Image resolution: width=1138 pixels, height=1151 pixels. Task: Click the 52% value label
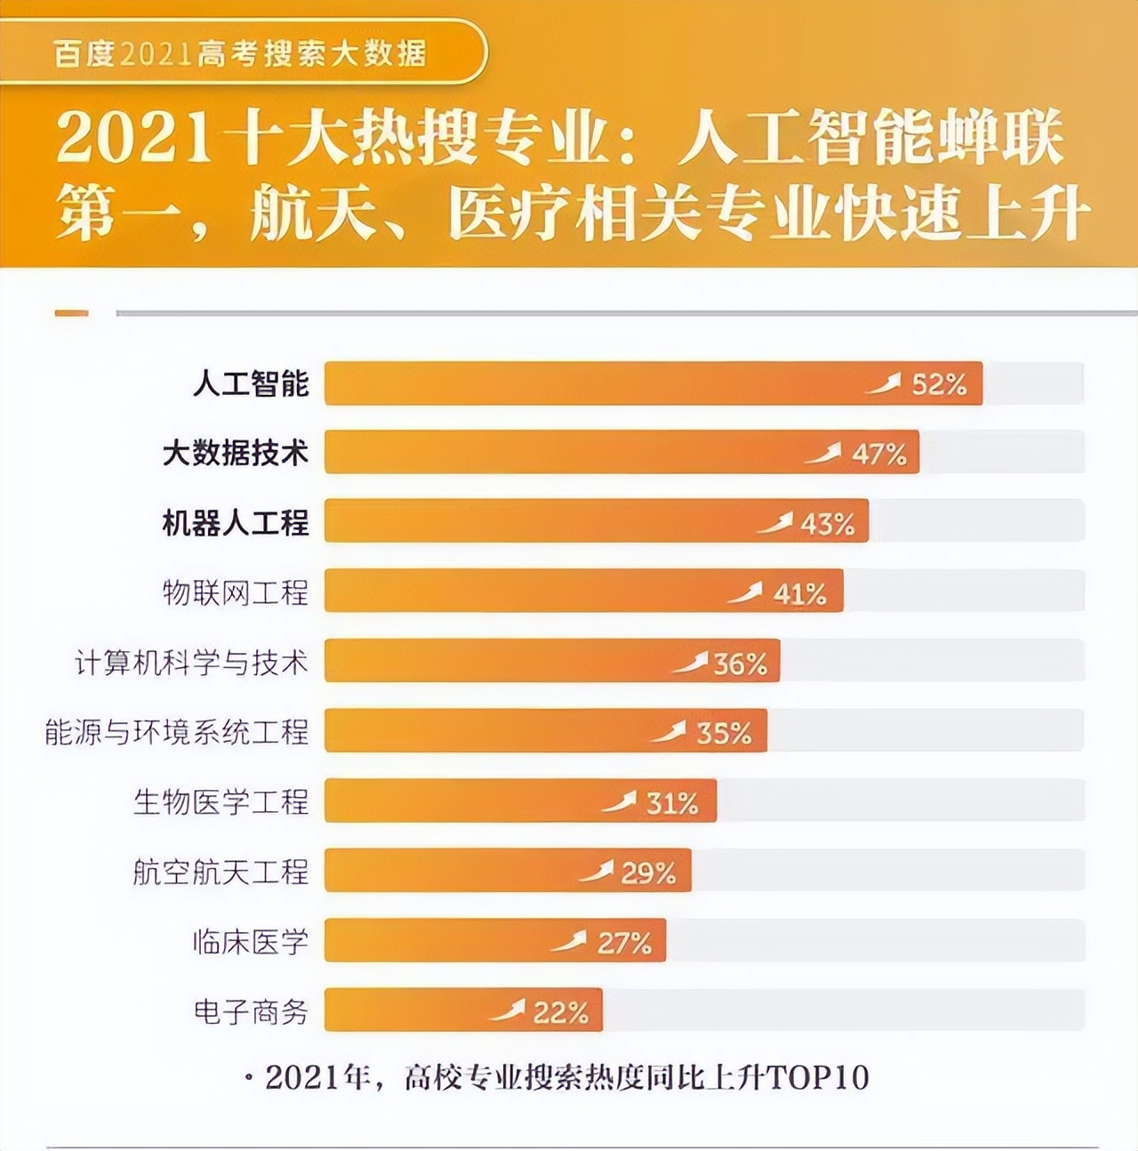pyautogui.click(x=939, y=384)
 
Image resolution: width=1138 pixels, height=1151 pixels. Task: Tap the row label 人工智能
pyautogui.click(x=251, y=384)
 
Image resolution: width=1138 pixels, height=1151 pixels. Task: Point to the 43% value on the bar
pyautogui.click(x=828, y=524)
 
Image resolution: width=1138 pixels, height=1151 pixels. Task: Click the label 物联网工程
pyautogui.click(x=235, y=592)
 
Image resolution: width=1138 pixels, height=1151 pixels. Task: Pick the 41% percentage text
pyautogui.click(x=799, y=593)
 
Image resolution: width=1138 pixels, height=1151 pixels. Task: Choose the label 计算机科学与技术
pyautogui.click(x=191, y=663)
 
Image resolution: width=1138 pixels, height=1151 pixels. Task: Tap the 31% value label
pyautogui.click(x=672, y=803)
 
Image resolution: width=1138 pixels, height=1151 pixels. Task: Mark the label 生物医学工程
pyautogui.click(x=220, y=801)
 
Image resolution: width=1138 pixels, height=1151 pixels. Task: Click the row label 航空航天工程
pyautogui.click(x=220, y=872)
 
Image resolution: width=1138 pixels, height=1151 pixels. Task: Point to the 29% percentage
pyautogui.click(x=648, y=873)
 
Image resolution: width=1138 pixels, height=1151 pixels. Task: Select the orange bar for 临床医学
pyautogui.click(x=494, y=941)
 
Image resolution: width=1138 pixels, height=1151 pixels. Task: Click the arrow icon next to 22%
pyautogui.click(x=508, y=1011)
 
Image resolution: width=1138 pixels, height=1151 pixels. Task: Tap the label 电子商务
pyautogui.click(x=251, y=1011)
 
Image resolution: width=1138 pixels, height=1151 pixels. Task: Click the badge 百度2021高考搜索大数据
pyautogui.click(x=240, y=53)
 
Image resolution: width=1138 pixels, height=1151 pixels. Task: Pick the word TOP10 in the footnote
pyautogui.click(x=817, y=1077)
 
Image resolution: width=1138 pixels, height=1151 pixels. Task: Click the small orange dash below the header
pyautogui.click(x=71, y=313)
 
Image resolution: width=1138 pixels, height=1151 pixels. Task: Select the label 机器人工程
pyautogui.click(x=235, y=523)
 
